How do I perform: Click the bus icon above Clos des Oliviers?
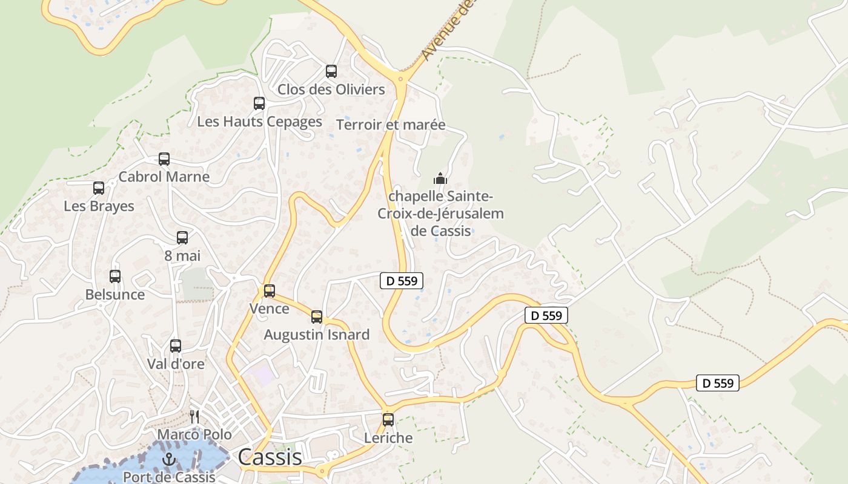pos(331,71)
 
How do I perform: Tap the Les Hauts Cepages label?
pos(259,122)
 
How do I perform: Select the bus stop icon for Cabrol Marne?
pos(164,159)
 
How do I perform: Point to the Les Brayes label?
pos(99,206)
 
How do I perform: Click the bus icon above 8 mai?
pos(182,238)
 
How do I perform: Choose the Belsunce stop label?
pos(115,295)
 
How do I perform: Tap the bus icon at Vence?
pos(270,291)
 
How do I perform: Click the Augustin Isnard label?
pos(316,335)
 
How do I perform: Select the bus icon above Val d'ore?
pos(176,346)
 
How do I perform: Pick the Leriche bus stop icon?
pos(388,420)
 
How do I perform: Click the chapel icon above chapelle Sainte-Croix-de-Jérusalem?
pos(440,178)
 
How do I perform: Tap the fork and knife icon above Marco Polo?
pos(194,416)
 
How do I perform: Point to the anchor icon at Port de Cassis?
pos(169,460)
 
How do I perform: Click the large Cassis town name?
pos(270,457)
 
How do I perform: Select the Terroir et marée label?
pos(391,125)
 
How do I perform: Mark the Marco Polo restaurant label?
pos(194,435)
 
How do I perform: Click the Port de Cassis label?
pos(169,477)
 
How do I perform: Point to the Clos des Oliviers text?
pos(331,90)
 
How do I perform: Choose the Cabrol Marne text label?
pos(164,177)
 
